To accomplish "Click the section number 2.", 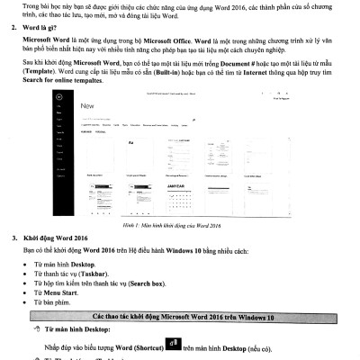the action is pos(13,40).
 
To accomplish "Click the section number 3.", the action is pos(13,238).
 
